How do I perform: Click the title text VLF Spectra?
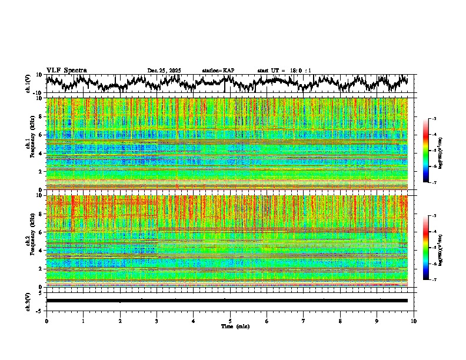coord(66,70)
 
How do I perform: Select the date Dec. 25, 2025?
coord(164,71)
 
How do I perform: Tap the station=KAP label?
coord(218,71)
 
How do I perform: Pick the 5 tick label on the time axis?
coord(230,321)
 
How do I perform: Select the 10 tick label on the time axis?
coord(414,321)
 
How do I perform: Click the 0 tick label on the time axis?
coord(46,321)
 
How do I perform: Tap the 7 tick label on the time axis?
coord(304,321)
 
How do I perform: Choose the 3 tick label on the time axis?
coord(157,321)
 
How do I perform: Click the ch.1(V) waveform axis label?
coord(28,84)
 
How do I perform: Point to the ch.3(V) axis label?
coord(28,301)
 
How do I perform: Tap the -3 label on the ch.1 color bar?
coord(440,119)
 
